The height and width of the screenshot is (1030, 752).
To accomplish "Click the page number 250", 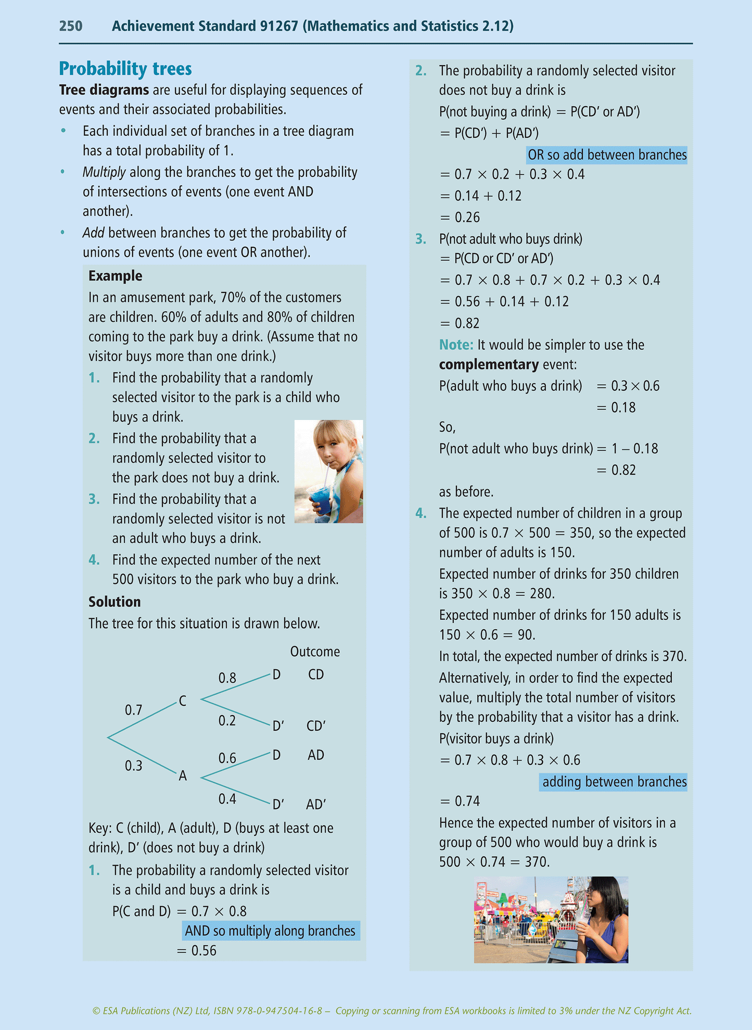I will [x=71, y=26].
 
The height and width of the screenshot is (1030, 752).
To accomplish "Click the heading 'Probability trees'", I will [x=125, y=69].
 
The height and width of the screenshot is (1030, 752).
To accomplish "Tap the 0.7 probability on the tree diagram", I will [x=133, y=710].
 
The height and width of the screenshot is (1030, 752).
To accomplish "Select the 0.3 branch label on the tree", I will [x=133, y=766].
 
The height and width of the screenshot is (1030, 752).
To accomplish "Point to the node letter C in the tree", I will [x=183, y=701].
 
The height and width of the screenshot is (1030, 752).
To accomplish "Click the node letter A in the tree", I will [x=183, y=776].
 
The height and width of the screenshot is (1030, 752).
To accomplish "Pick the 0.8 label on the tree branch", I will [x=227, y=678].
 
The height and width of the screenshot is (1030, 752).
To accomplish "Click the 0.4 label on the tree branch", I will [x=227, y=799].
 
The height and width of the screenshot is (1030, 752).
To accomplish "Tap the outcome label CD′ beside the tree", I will [x=316, y=726].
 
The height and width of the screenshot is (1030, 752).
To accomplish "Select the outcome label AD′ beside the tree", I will [x=316, y=805].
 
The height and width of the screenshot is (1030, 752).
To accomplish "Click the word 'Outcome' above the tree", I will [x=315, y=652].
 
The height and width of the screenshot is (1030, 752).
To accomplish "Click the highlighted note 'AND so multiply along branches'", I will [x=270, y=931].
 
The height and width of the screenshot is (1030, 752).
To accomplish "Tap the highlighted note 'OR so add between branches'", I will [x=607, y=155].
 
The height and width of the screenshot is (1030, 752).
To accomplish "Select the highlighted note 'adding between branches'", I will [x=614, y=782].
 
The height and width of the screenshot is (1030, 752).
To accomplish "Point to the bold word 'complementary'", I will [x=489, y=364].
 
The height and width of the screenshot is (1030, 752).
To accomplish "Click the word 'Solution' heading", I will [x=114, y=602].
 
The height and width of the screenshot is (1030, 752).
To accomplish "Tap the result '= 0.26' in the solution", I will [x=460, y=217].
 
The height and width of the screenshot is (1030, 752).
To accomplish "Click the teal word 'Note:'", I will [x=456, y=345].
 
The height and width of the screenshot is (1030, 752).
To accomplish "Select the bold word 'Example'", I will [x=115, y=276].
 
